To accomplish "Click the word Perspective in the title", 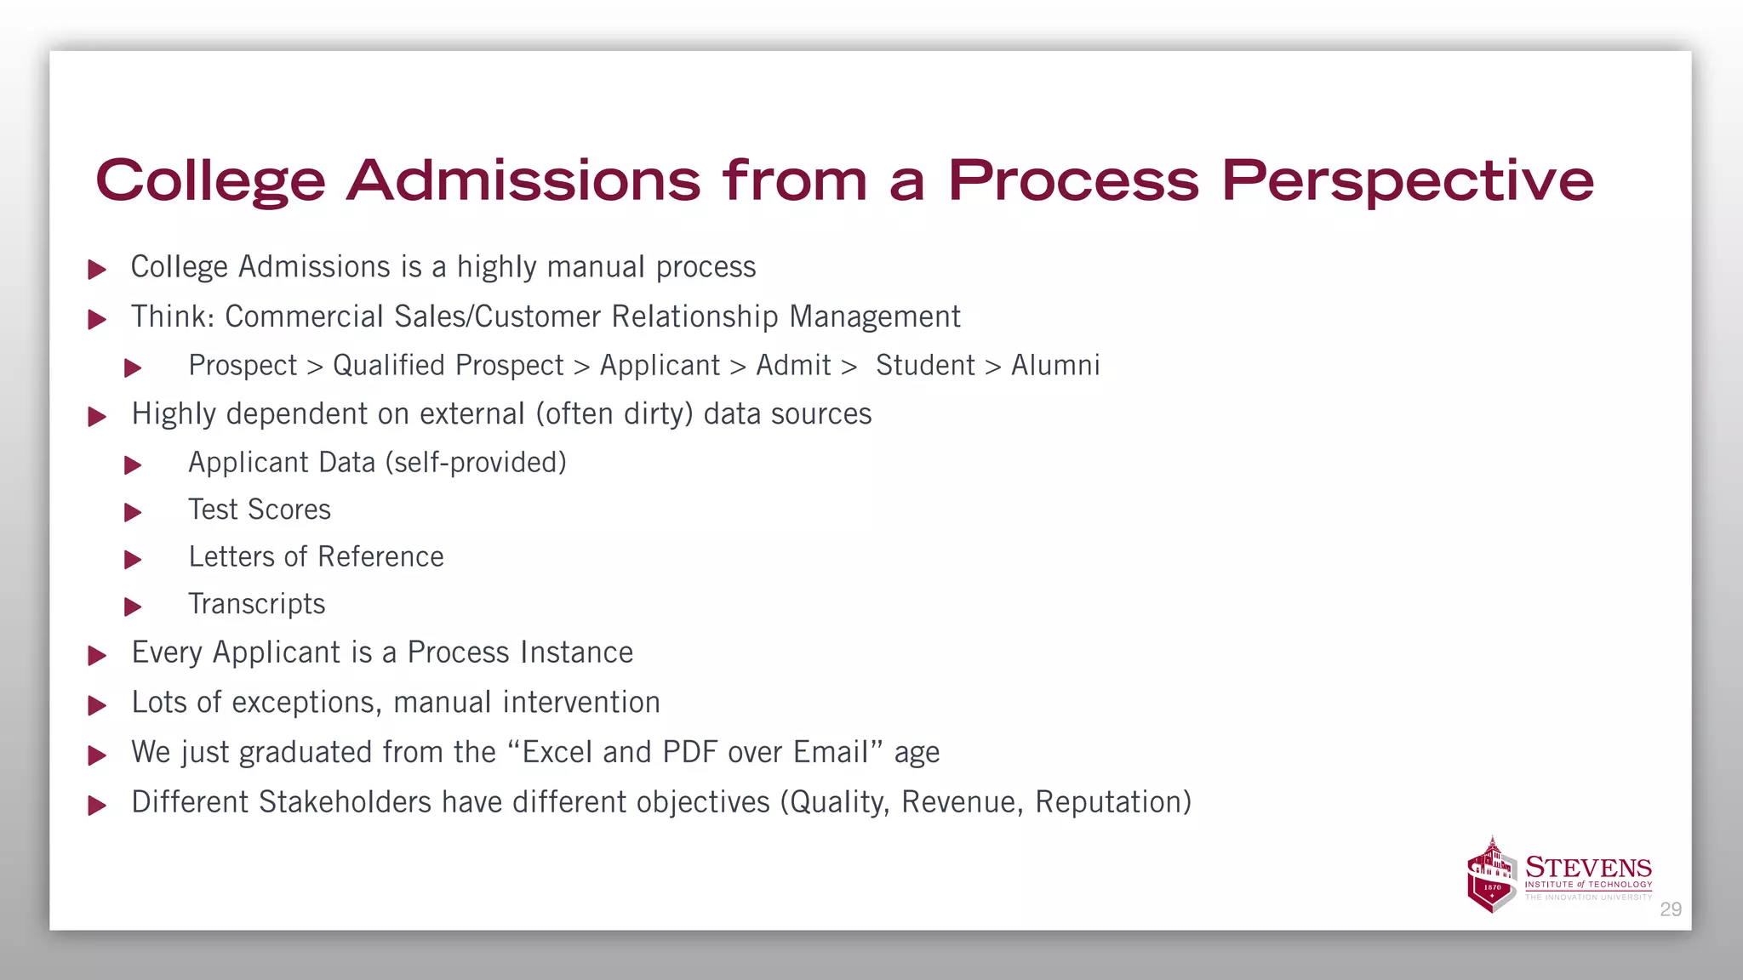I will pyautogui.click(x=1407, y=181).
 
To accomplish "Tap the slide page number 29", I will pyautogui.click(x=1671, y=909).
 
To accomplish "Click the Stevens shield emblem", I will pyautogui.click(x=1492, y=876).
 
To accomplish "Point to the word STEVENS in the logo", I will pyautogui.click(x=1588, y=868).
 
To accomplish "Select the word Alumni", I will pyautogui.click(x=1055, y=366).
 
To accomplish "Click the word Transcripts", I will pyautogui.click(x=257, y=604).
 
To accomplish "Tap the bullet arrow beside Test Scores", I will pyautogui.click(x=133, y=512).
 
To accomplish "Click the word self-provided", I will pyautogui.click(x=476, y=463).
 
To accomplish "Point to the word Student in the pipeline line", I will pyautogui.click(x=925, y=366).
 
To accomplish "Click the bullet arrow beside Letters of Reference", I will pyautogui.click(x=133, y=560).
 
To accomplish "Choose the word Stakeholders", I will pyautogui.click(x=345, y=802).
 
